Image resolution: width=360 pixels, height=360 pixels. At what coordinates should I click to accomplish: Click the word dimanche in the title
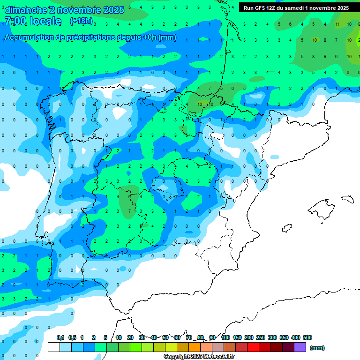tap(26, 10)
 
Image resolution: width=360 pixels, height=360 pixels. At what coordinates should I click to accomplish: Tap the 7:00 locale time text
tap(32, 21)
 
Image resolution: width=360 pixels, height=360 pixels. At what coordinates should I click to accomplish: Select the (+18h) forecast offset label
tap(81, 21)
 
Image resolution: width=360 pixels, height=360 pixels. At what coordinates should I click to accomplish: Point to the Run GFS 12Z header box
tap(296, 8)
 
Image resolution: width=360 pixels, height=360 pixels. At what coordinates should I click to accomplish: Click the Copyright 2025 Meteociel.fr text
tap(199, 357)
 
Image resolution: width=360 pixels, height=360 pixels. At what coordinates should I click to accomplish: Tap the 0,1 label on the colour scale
tap(60, 337)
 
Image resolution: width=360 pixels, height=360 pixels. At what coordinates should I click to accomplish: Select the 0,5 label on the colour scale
tap(73, 337)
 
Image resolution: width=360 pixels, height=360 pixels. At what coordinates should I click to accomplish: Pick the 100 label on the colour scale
tap(225, 337)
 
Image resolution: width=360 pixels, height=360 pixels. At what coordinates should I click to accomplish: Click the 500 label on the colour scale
tap(307, 337)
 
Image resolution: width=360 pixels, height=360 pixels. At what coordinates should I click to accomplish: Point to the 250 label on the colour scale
tap(261, 337)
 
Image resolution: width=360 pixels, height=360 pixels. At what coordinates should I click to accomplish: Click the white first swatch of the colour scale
tap(54, 347)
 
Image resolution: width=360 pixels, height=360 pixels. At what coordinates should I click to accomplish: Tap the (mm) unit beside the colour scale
tap(317, 348)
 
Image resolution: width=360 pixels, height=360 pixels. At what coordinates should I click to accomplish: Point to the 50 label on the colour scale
tap(165, 337)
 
